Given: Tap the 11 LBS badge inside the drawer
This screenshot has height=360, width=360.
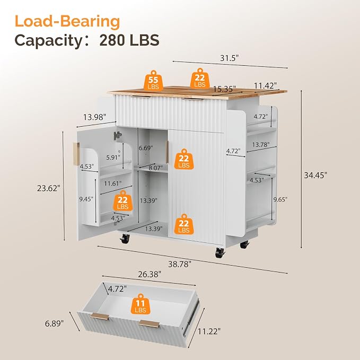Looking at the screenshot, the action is pyautogui.click(x=141, y=304).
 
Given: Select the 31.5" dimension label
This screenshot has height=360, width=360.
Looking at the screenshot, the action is pyautogui.click(x=230, y=58).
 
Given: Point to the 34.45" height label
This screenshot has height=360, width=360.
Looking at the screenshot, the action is pyautogui.click(x=315, y=175).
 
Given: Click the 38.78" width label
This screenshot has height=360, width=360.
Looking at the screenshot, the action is pyautogui.click(x=180, y=264).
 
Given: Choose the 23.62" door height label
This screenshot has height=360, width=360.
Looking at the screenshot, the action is pyautogui.click(x=49, y=188).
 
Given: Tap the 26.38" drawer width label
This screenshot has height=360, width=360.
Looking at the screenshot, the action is pyautogui.click(x=150, y=274).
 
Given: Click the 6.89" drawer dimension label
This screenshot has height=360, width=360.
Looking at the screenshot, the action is pyautogui.click(x=54, y=323).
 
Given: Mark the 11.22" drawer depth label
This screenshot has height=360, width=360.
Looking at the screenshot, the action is pyautogui.click(x=209, y=331).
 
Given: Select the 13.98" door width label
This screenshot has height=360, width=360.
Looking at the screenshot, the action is pyautogui.click(x=94, y=117).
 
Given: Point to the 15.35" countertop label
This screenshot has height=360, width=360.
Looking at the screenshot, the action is pyautogui.click(x=224, y=89).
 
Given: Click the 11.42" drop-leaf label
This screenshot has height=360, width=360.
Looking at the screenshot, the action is pyautogui.click(x=265, y=86).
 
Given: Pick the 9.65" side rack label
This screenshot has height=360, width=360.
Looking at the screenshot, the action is pyautogui.click(x=280, y=199).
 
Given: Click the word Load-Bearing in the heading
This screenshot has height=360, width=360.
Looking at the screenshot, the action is pyautogui.click(x=67, y=21).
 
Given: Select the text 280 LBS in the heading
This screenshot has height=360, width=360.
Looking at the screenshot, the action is pyautogui.click(x=129, y=40).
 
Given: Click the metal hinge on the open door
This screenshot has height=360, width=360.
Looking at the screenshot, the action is pyautogui.click(x=117, y=135).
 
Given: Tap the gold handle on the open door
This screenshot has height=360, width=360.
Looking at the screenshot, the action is pyautogui.click(x=76, y=154).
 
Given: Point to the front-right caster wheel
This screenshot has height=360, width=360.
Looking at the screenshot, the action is pyautogui.click(x=219, y=253).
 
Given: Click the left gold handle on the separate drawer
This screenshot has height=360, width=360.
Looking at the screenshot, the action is pyautogui.click(x=100, y=316).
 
